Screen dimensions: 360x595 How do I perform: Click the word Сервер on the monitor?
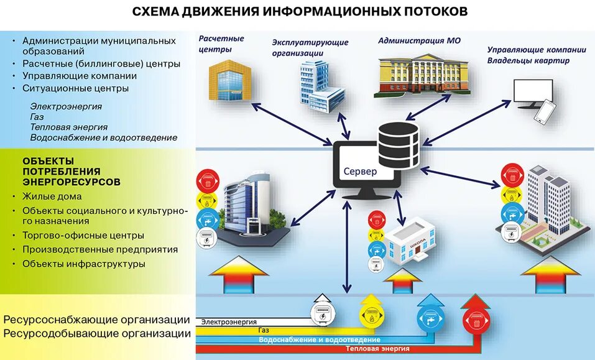tap(360, 171)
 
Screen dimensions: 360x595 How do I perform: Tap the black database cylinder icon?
tap(398, 142)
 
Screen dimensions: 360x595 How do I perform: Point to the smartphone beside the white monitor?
tap(543, 112)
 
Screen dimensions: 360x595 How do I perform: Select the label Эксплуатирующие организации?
tap(310, 48)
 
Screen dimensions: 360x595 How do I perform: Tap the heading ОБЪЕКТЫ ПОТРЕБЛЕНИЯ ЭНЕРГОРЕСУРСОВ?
tap(71, 171)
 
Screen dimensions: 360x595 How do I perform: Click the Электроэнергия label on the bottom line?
tap(229, 321)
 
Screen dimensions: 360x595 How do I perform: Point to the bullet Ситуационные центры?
tap(75, 88)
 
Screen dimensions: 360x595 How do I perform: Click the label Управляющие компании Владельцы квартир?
tap(536, 55)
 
